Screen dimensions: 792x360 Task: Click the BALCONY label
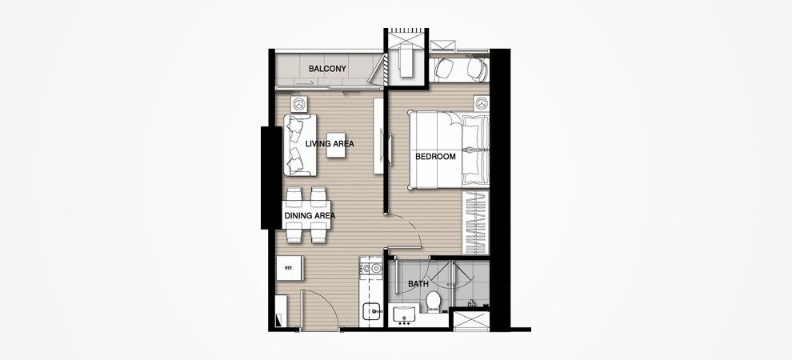(x=327, y=69)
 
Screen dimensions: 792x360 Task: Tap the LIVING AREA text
(x=330, y=144)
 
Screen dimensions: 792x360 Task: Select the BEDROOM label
(x=435, y=157)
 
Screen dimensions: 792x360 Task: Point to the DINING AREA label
(x=310, y=215)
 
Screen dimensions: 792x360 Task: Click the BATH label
(x=418, y=284)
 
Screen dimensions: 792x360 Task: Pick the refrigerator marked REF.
(x=290, y=268)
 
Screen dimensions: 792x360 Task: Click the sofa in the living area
(x=300, y=145)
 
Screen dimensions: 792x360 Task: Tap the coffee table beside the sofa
(x=336, y=146)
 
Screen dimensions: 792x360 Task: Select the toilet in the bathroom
(x=434, y=301)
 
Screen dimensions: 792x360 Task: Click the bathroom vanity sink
(x=404, y=314)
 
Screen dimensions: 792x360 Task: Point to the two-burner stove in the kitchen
(x=370, y=268)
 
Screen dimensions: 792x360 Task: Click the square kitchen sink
(x=373, y=312)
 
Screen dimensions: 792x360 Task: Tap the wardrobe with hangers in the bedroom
(x=476, y=222)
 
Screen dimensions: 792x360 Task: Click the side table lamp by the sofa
(x=299, y=104)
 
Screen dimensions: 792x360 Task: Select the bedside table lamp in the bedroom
(x=482, y=103)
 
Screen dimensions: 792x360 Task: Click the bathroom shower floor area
(x=470, y=282)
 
